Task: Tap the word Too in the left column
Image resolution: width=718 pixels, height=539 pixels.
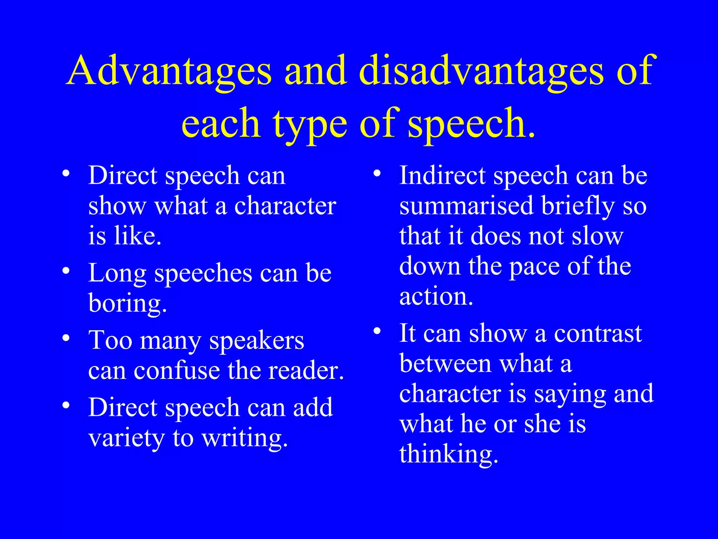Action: (110, 340)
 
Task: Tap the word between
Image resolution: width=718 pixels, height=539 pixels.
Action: (445, 364)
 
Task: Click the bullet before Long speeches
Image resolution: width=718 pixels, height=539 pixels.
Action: (66, 271)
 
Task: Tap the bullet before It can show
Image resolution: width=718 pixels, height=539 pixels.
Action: (377, 331)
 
